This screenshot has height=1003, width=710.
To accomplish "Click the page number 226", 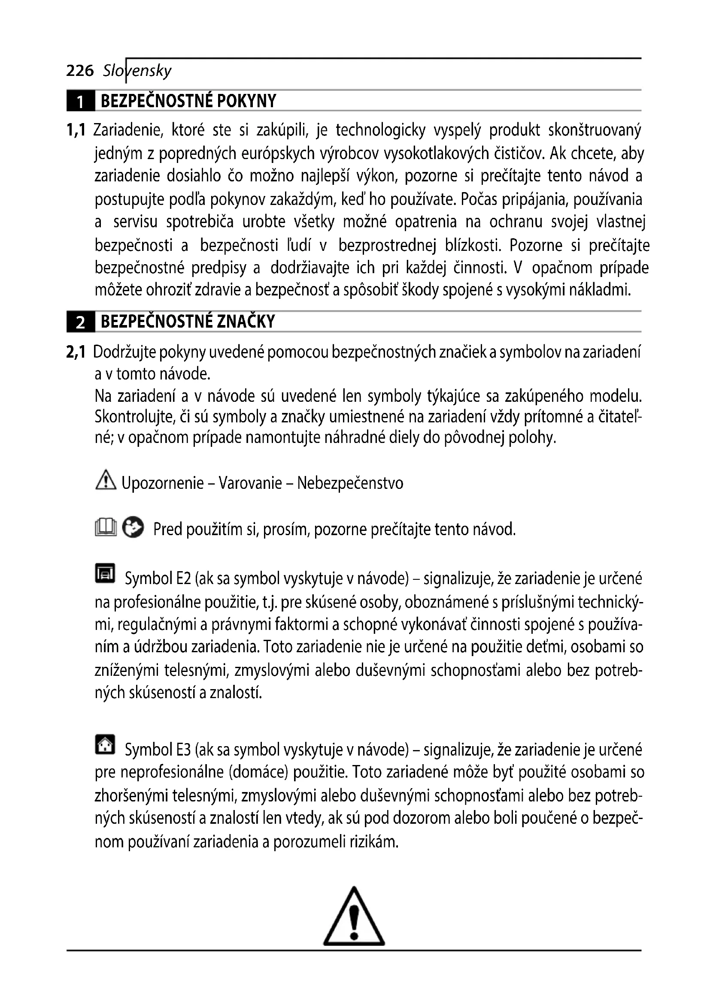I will [x=79, y=70].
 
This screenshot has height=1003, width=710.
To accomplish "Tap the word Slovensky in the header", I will [x=137, y=70].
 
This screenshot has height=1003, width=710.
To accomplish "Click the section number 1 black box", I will [x=80, y=101].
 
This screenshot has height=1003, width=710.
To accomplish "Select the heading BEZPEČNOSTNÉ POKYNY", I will [x=188, y=101].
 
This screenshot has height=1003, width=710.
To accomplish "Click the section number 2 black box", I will [x=80, y=322].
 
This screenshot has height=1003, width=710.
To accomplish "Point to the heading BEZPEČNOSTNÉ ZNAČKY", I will [x=188, y=322].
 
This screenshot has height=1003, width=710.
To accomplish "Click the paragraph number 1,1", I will [x=76, y=130].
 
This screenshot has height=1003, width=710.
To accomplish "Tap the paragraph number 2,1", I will [x=76, y=352].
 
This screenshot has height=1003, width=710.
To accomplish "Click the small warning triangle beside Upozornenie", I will [x=105, y=481].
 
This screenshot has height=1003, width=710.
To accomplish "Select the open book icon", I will [x=106, y=527].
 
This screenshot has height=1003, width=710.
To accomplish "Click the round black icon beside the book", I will [x=133, y=527].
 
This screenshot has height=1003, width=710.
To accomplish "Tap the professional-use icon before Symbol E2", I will [x=105, y=574].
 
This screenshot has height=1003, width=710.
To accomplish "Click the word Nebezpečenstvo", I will [x=350, y=483].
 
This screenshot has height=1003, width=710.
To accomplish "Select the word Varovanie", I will [x=250, y=483].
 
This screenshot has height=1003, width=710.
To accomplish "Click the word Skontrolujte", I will [x=135, y=418].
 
